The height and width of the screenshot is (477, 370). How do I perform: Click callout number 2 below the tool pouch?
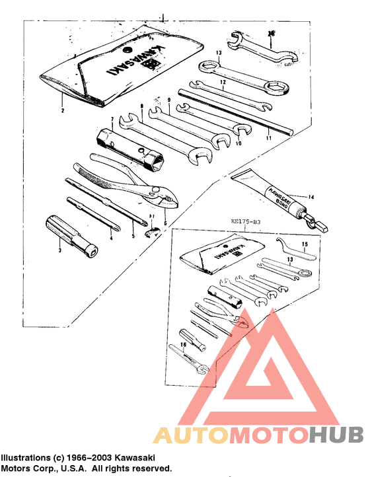pyautogui.click(x=61, y=112)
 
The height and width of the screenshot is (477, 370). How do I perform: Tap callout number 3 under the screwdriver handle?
pyautogui.click(x=59, y=250)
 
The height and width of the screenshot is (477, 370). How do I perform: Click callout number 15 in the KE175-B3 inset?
pyautogui.click(x=305, y=244)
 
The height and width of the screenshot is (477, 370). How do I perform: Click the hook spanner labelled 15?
pyautogui.click(x=290, y=247)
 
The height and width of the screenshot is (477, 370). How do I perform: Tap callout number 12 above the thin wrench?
pyautogui.click(x=223, y=83)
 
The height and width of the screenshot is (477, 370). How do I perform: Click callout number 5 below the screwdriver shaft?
pyautogui.click(x=132, y=236)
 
